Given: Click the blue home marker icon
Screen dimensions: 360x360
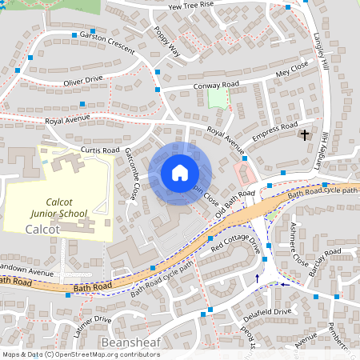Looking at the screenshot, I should click(180, 172).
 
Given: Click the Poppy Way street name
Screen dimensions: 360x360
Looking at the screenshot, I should click(167, 43).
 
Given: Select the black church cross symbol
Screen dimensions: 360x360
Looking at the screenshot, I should click(304, 135).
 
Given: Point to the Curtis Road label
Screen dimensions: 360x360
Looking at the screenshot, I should click(100, 150).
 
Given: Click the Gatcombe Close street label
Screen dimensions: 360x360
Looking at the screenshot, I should click(133, 178).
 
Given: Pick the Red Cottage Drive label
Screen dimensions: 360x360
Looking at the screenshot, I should click(236, 245).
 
